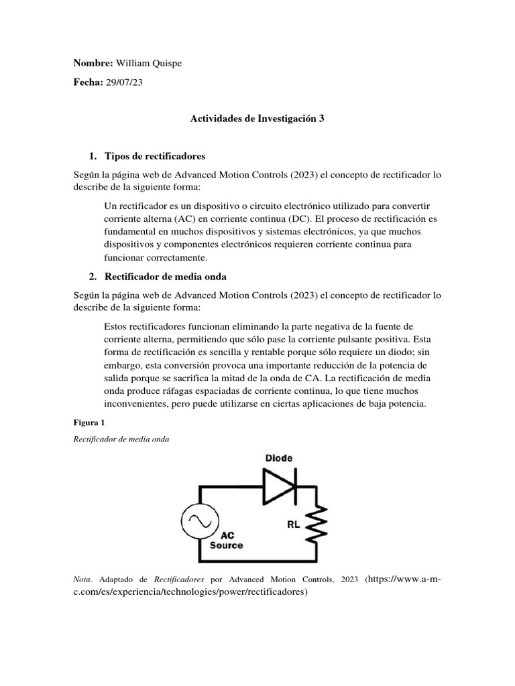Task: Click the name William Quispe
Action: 149,63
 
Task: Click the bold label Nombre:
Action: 93,63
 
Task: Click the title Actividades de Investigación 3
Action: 257,119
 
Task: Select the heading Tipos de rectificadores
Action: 154,156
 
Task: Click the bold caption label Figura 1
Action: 88,423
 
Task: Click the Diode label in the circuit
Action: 278,458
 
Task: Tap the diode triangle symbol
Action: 278,486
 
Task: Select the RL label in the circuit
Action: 294,525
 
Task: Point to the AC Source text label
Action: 227,541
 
